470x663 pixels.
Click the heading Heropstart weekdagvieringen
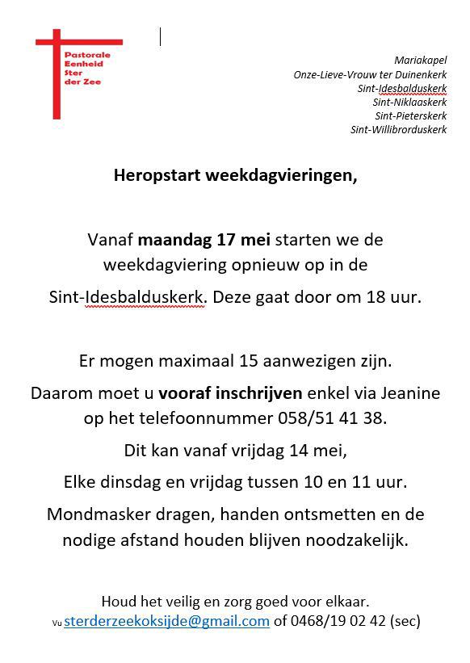pos(234,174)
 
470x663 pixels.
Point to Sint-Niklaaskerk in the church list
pos(409,102)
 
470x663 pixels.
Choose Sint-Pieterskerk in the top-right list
pos(410,115)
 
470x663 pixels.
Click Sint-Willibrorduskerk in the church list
pos(398,129)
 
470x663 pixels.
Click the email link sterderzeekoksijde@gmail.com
pos(166,621)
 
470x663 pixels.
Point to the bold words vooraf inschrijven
pos(230,393)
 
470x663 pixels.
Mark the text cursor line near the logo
pos(160,36)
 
